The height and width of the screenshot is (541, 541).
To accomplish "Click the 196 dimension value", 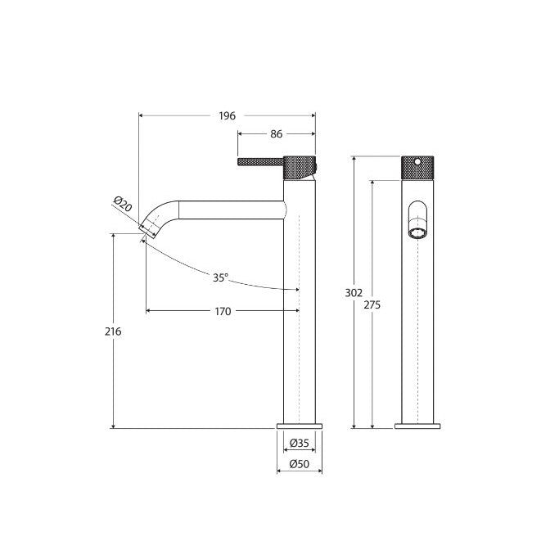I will (x=227, y=116).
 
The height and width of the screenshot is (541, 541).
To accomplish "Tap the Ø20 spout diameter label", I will (x=123, y=205).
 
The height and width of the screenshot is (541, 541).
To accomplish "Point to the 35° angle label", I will (x=220, y=277).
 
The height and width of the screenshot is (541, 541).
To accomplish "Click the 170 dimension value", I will (x=222, y=311).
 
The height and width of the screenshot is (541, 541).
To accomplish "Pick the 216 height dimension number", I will (x=113, y=331).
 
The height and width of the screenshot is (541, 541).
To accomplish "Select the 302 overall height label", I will (x=354, y=291).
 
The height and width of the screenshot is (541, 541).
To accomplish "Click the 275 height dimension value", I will (x=372, y=304).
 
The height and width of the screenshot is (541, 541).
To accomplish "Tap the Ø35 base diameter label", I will (x=300, y=444).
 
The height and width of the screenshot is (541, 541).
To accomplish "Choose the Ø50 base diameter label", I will (x=300, y=465).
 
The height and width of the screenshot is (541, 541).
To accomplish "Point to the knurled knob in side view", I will (x=299, y=166).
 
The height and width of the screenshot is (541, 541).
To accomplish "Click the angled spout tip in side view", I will (x=151, y=226).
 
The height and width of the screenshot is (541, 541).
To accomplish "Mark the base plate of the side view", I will (x=300, y=426).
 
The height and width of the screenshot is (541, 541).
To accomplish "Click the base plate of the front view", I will (x=417, y=426).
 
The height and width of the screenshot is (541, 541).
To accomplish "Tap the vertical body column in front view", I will (x=417, y=327).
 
